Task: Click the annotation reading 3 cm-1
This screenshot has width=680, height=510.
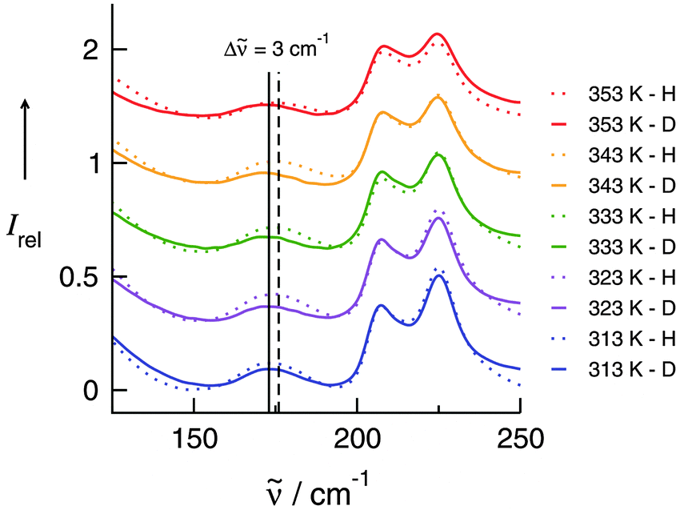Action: [276, 49]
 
